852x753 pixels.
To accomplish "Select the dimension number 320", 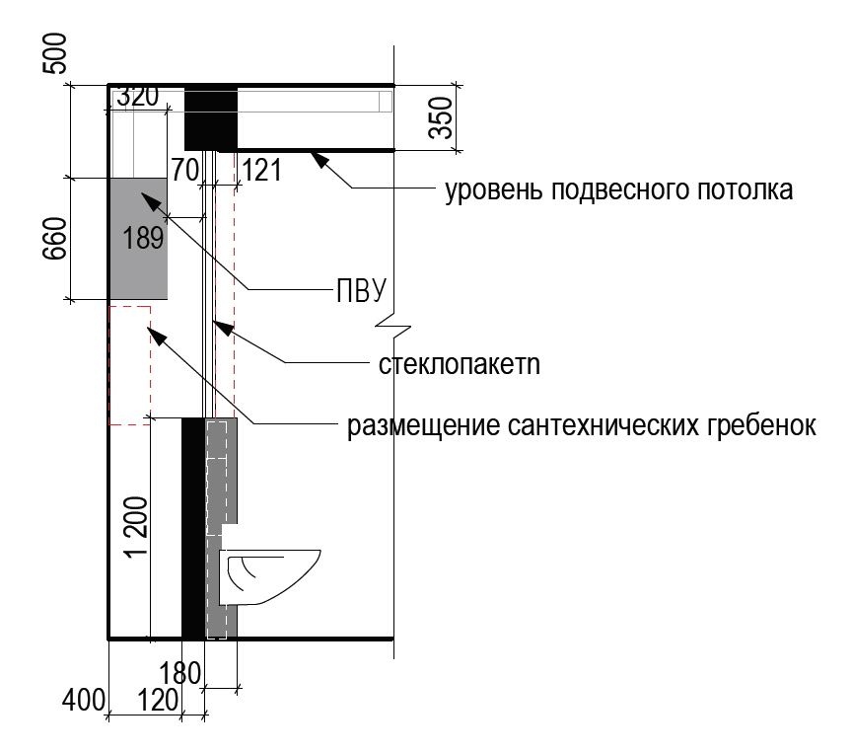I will point(138,98).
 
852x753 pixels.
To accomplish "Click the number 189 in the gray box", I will point(143,238).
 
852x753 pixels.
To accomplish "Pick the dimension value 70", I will point(184,170).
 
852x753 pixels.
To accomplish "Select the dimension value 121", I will point(261,170).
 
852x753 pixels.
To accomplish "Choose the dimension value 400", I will point(83,701).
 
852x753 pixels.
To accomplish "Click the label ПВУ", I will point(356,289).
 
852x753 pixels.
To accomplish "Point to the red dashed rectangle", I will point(129,365).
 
